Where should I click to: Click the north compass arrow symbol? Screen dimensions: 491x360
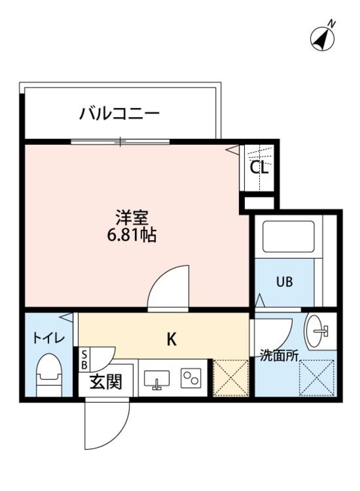[x=323, y=37]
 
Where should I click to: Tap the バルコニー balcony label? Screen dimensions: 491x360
[x=120, y=112]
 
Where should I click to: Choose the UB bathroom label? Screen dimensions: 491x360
[x=284, y=282]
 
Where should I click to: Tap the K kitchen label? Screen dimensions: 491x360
[x=171, y=340]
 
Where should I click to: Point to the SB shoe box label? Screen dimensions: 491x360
[x=84, y=360]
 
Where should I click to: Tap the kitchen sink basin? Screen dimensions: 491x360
[x=157, y=379]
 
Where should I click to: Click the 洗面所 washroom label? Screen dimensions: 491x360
[x=279, y=355]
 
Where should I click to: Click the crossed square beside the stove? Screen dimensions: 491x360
[x=231, y=378]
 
